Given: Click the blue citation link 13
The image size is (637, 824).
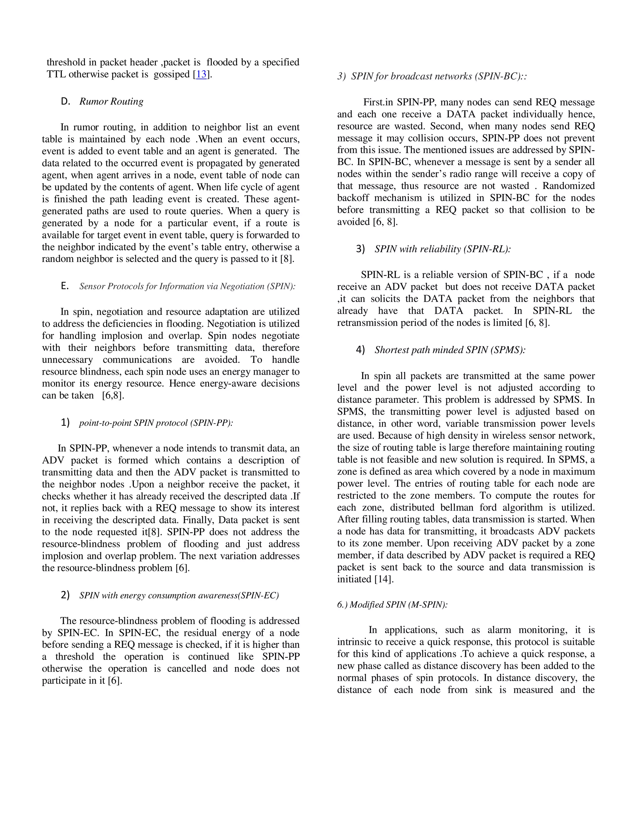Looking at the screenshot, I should [201, 74].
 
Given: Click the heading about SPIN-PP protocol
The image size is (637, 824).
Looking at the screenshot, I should [156, 423].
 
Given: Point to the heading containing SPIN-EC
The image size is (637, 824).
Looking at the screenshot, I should [179, 595].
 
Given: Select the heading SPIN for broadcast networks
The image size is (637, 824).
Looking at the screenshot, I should [439, 76].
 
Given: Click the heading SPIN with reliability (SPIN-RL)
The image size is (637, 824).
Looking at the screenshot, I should [442, 249].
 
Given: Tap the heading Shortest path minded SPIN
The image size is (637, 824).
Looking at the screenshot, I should [450, 350].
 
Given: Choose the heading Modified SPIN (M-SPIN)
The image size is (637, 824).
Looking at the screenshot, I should [393, 604].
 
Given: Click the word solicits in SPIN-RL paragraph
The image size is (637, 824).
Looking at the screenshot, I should [393, 299].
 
